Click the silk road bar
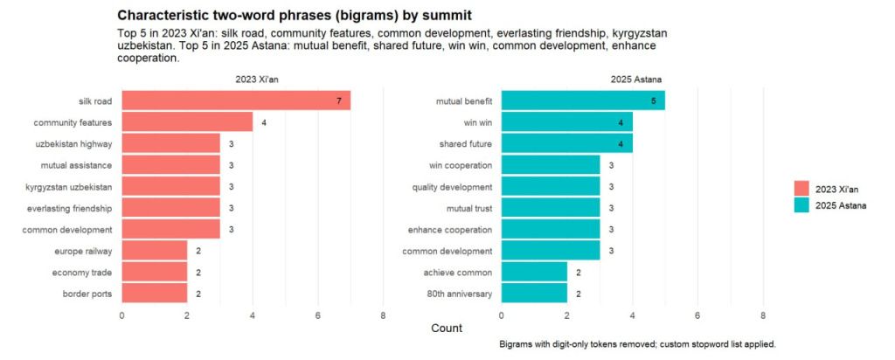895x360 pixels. [x=236, y=100]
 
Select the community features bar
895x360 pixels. [x=187, y=121]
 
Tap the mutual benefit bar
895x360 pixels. [x=583, y=100]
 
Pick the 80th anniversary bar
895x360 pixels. [x=533, y=294]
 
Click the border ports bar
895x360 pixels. [x=155, y=294]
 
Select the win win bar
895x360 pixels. [x=566, y=121]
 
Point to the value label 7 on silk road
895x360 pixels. [x=338, y=101]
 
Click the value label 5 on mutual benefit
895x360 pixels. [x=653, y=101]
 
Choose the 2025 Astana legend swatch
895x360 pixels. [x=802, y=206]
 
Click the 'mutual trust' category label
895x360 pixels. [x=464, y=208]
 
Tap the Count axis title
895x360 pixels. [x=447, y=328]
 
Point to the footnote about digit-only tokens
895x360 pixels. [x=637, y=344]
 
